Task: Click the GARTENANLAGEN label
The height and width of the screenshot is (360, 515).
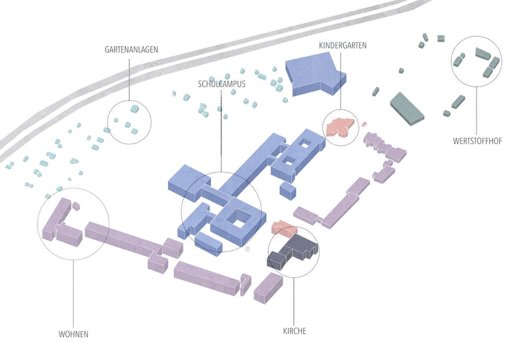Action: point(131,50)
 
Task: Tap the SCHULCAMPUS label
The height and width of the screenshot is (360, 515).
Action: point(222,84)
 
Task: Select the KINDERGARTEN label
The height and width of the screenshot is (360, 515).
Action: point(343,45)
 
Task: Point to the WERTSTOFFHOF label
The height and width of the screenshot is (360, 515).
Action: point(477,141)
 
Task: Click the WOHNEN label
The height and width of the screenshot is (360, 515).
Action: point(73,334)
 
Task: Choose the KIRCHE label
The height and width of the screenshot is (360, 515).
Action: point(295,331)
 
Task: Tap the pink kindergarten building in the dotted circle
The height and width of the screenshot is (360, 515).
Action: point(341,127)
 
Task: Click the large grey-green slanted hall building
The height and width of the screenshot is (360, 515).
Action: point(407,108)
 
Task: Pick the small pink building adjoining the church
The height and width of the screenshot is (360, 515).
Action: point(283,228)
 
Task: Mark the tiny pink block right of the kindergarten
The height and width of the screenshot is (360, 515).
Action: point(364,124)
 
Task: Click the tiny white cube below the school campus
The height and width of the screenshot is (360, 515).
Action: point(248,249)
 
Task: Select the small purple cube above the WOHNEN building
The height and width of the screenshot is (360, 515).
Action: point(76,206)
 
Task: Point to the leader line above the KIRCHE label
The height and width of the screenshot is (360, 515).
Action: point(293,302)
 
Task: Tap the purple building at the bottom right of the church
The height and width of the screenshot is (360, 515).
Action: point(268,288)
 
